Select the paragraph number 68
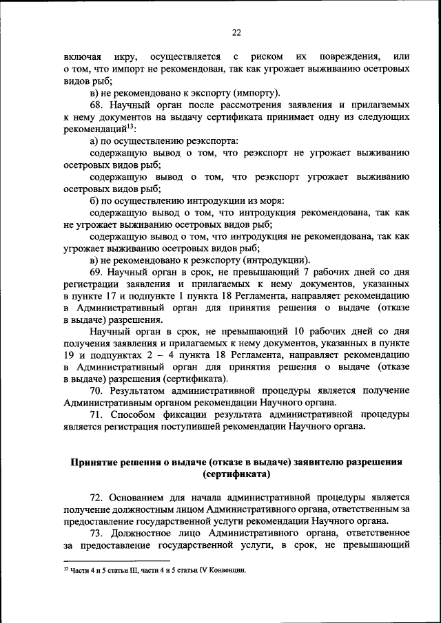[x=97, y=105]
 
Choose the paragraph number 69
[x=97, y=272]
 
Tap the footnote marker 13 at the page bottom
[x=65, y=570]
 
